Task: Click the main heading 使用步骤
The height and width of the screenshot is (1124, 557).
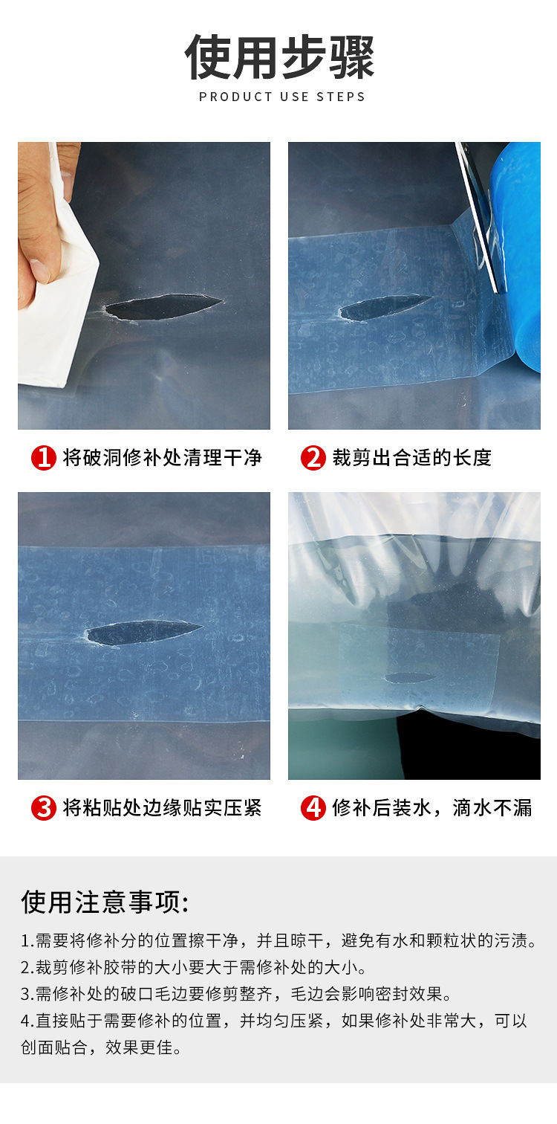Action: point(279,57)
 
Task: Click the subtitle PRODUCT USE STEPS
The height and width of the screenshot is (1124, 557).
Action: point(282,97)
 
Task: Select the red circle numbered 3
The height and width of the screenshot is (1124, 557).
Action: point(43,808)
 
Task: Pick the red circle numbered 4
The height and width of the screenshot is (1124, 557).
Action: point(313,808)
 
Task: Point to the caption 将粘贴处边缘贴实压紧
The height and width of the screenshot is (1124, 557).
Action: point(162,808)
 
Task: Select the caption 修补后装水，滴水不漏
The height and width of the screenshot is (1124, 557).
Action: point(432,808)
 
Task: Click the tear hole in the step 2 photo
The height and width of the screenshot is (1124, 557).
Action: point(383,308)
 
